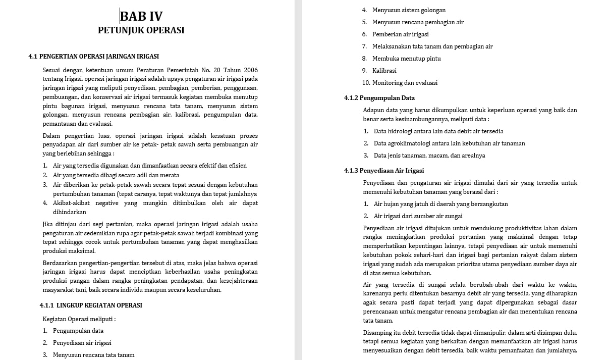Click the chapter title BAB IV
point(141,16)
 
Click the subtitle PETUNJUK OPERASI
point(141,30)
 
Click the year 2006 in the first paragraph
point(250,70)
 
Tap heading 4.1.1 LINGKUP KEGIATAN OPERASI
point(91,305)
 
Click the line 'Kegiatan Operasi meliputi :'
point(79,319)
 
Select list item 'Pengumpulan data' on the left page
point(78,331)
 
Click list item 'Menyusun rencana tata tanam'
point(93,355)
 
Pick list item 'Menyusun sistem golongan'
point(409,10)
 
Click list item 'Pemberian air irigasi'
point(400,34)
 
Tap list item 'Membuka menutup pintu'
point(406,59)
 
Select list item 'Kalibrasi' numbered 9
point(384,71)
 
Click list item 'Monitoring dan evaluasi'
point(405,83)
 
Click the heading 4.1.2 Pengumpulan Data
point(379,98)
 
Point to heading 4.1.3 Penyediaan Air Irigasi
point(384,171)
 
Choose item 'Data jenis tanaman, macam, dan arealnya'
point(429,156)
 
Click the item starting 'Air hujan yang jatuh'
point(440,204)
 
